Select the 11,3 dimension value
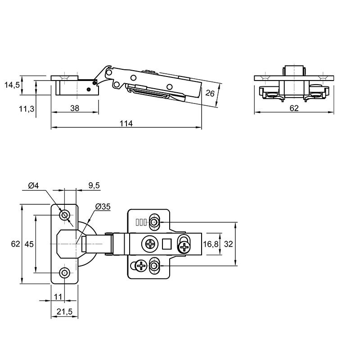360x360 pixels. pos(27,108)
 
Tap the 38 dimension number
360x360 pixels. pos(75,108)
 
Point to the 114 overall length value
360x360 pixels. pos(126,123)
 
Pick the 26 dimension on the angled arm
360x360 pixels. pos(210,94)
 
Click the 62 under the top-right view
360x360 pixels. pos(294,108)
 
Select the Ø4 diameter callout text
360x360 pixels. pos(34,185)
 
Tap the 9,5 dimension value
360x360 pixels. pos(94,185)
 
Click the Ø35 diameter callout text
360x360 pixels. pos(103,207)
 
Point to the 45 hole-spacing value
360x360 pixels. pos(29,244)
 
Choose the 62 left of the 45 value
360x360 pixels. pos(16,244)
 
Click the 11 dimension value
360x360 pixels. pos(58,297)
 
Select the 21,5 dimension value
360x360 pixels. pos(64,311)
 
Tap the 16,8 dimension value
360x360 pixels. pos(211,244)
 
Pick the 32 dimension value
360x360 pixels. pos(228,244)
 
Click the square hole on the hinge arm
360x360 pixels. pos(167,243)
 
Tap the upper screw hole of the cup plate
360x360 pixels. pos(64,216)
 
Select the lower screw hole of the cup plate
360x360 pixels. pos(64,273)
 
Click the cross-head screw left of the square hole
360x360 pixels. pos(150,244)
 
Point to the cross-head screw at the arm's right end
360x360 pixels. pos(184,247)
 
